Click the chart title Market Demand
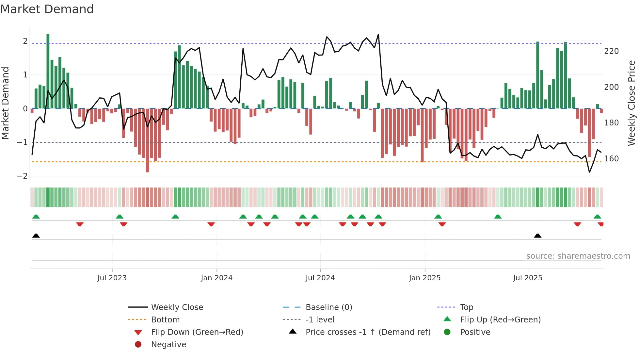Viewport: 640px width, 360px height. pos(47,9)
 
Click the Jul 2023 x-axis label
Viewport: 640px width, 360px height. pos(112,278)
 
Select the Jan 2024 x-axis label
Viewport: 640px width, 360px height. pos(216,278)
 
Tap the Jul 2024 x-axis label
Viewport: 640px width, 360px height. pos(320,278)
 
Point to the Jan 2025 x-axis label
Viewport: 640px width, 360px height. pos(424,278)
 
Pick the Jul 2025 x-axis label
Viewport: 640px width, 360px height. pos(527,278)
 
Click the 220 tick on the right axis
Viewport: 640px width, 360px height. pos(611,51)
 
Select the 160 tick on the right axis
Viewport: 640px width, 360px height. pos(611,159)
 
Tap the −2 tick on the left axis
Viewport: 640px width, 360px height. pos(22,176)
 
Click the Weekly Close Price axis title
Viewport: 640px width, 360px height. pos(632,103)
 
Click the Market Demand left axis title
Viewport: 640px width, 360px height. pos(5,103)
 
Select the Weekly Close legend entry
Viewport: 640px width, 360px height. pos(177,307)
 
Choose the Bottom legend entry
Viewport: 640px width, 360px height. pos(165,319)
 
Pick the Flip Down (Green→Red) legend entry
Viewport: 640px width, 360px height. pos(197,332)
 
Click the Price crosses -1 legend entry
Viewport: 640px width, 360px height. pos(368,332)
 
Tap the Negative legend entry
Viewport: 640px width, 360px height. pos(168,344)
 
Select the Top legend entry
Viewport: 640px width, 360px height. pos(466,307)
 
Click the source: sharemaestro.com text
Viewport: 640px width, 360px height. pos(578,256)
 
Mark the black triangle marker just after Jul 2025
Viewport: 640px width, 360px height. pos(537,236)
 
